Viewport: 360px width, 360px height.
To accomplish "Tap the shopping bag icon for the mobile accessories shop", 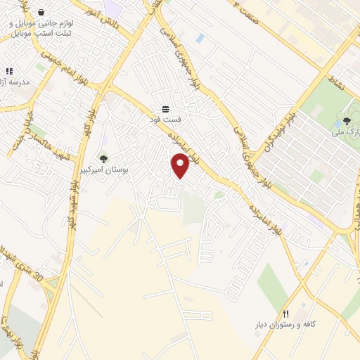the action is point(42,13).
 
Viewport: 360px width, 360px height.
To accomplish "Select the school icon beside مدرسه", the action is point(9,71).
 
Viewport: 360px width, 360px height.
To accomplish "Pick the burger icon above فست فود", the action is point(166,109).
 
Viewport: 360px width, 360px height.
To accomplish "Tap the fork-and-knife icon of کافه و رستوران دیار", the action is point(285,314).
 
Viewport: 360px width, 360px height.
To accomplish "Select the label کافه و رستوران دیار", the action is point(285,325).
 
